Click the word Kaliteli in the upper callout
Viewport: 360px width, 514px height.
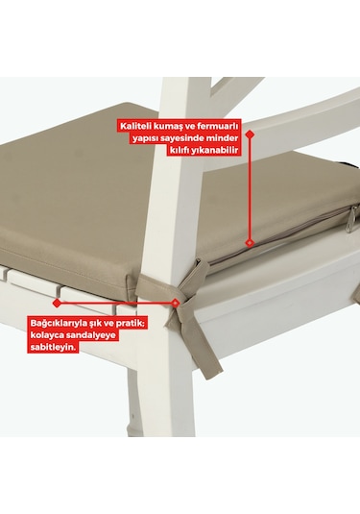pyautogui.click(x=137, y=125)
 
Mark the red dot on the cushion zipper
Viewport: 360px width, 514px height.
pyautogui.click(x=251, y=242)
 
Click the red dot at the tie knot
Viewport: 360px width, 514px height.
pyautogui.click(x=177, y=302)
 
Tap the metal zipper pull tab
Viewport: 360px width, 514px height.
pyautogui.click(x=349, y=215)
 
